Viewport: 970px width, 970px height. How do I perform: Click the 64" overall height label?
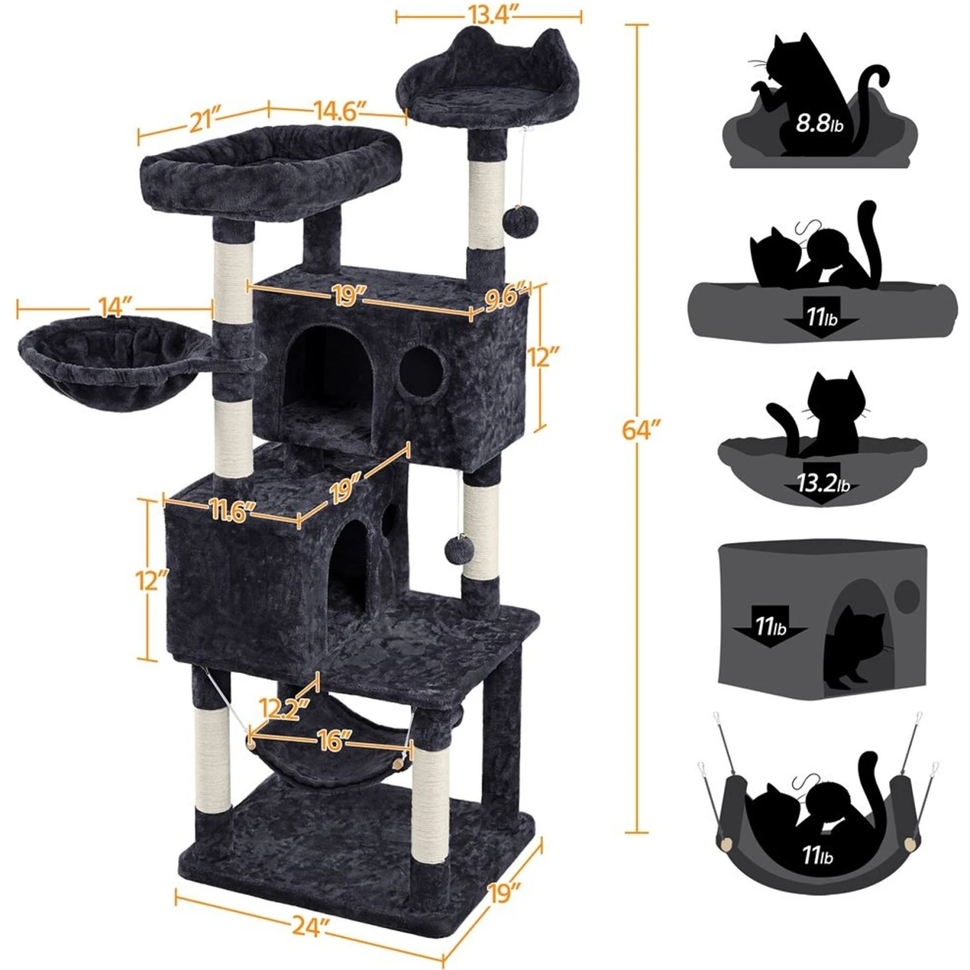[x=642, y=429]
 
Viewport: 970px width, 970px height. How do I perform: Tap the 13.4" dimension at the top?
[x=488, y=16]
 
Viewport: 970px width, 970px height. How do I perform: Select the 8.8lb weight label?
[x=819, y=124]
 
